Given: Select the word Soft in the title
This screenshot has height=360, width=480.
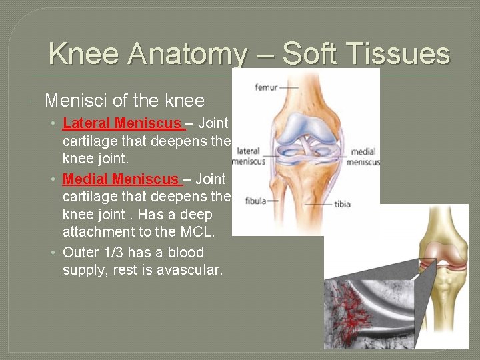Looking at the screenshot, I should [x=312, y=54].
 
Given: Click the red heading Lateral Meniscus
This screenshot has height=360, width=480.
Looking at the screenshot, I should [x=122, y=123].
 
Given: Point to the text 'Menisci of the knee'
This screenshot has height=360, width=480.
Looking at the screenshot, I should [x=124, y=101].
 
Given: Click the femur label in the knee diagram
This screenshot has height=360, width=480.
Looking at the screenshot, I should [x=265, y=87].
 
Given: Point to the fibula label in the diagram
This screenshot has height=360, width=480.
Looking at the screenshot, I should [x=255, y=200].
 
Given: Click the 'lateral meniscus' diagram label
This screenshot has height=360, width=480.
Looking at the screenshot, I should [x=248, y=156].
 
